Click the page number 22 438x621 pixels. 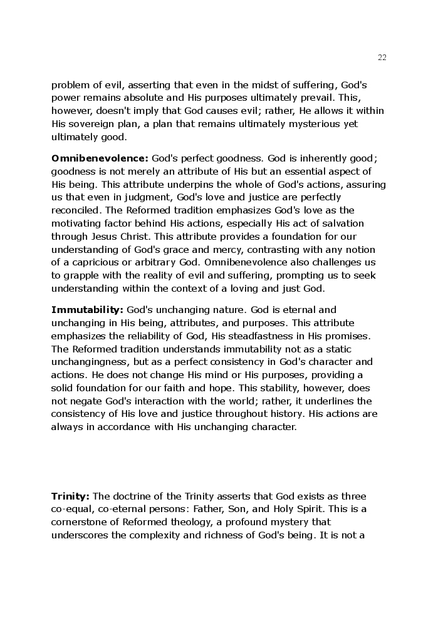pos(382,58)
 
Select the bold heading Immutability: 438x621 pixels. pos(88,309)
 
